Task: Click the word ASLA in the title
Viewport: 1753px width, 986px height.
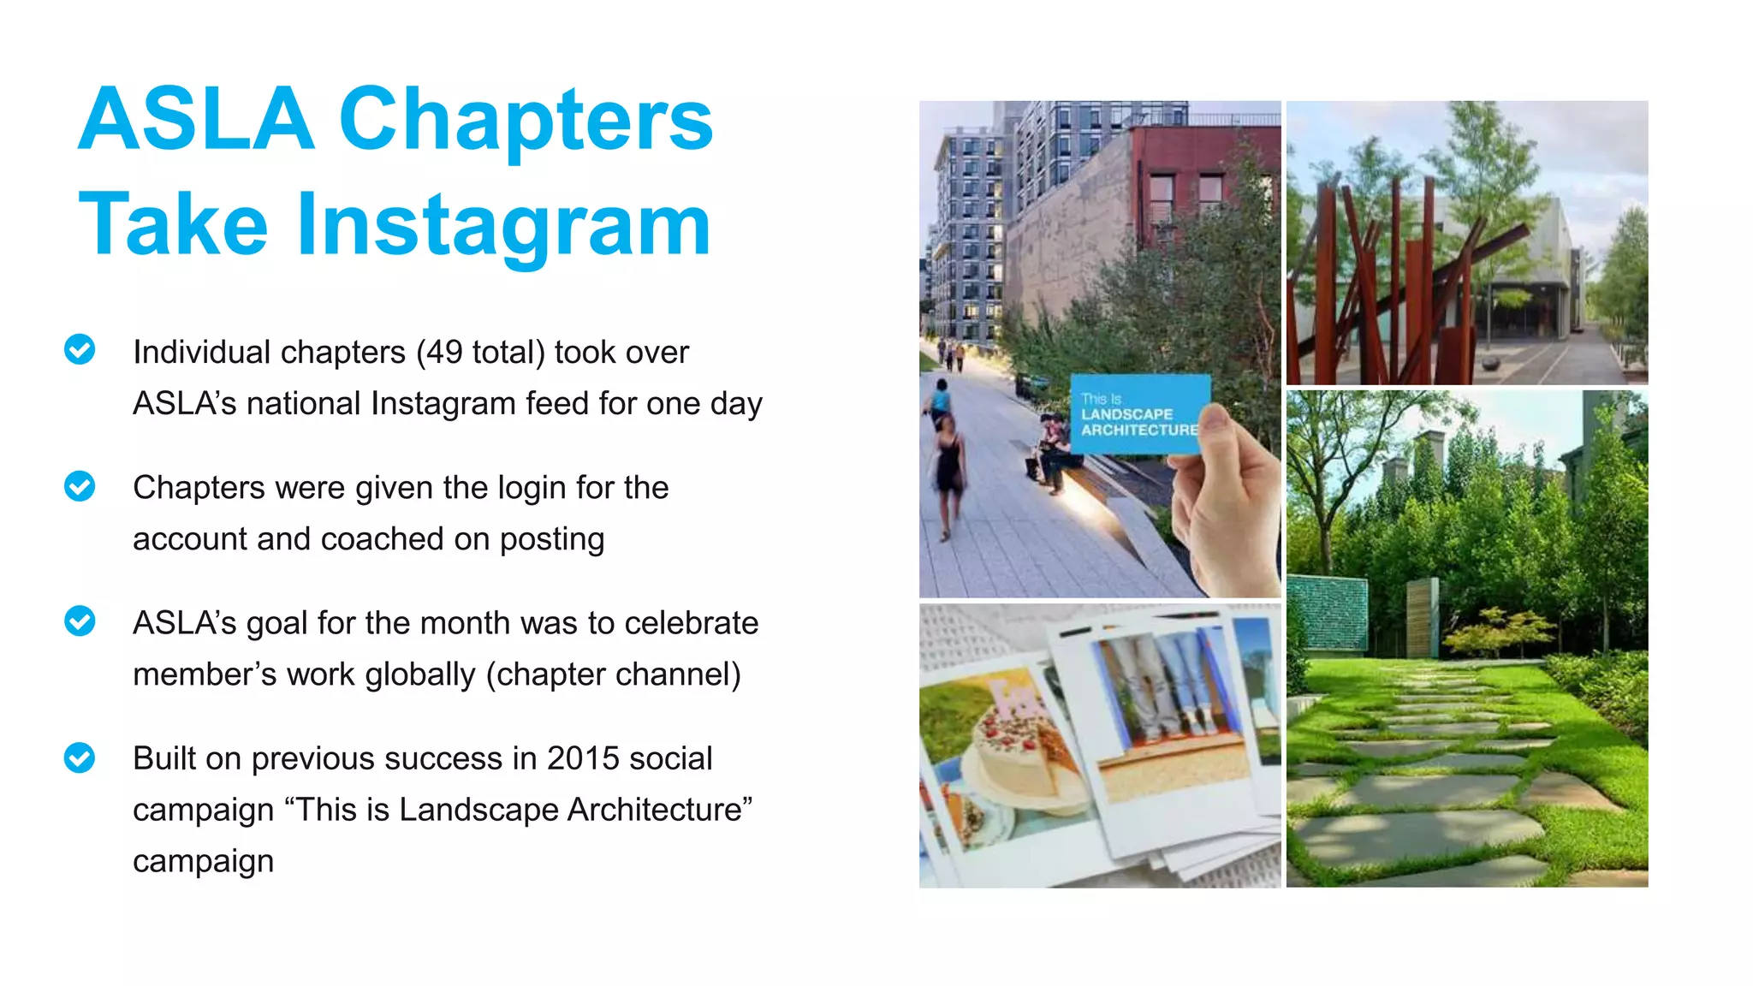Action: pyautogui.click(x=196, y=120)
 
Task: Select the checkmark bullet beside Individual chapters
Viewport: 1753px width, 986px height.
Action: pyautogui.click(x=80, y=349)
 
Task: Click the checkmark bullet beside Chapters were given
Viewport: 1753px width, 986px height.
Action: pyautogui.click(x=80, y=486)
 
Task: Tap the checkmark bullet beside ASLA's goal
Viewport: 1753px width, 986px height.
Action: pyautogui.click(x=80, y=621)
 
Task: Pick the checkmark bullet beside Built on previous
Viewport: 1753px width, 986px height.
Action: pyautogui.click(x=80, y=757)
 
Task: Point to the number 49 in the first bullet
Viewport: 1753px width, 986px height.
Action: pyautogui.click(x=445, y=353)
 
